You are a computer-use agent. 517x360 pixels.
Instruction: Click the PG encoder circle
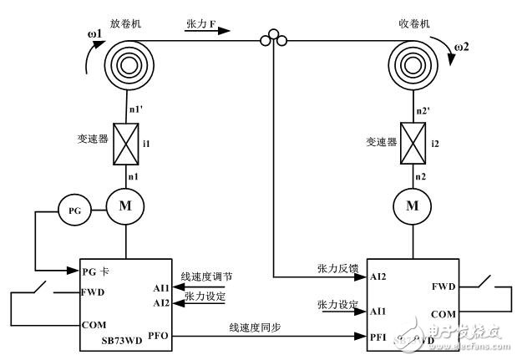click(x=73, y=211)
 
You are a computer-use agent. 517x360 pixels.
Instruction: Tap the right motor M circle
click(x=412, y=202)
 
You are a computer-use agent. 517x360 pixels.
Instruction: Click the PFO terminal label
click(x=159, y=338)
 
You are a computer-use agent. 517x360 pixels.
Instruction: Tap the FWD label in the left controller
click(x=94, y=293)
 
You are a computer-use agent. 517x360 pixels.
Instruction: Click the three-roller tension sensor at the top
click(x=271, y=38)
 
